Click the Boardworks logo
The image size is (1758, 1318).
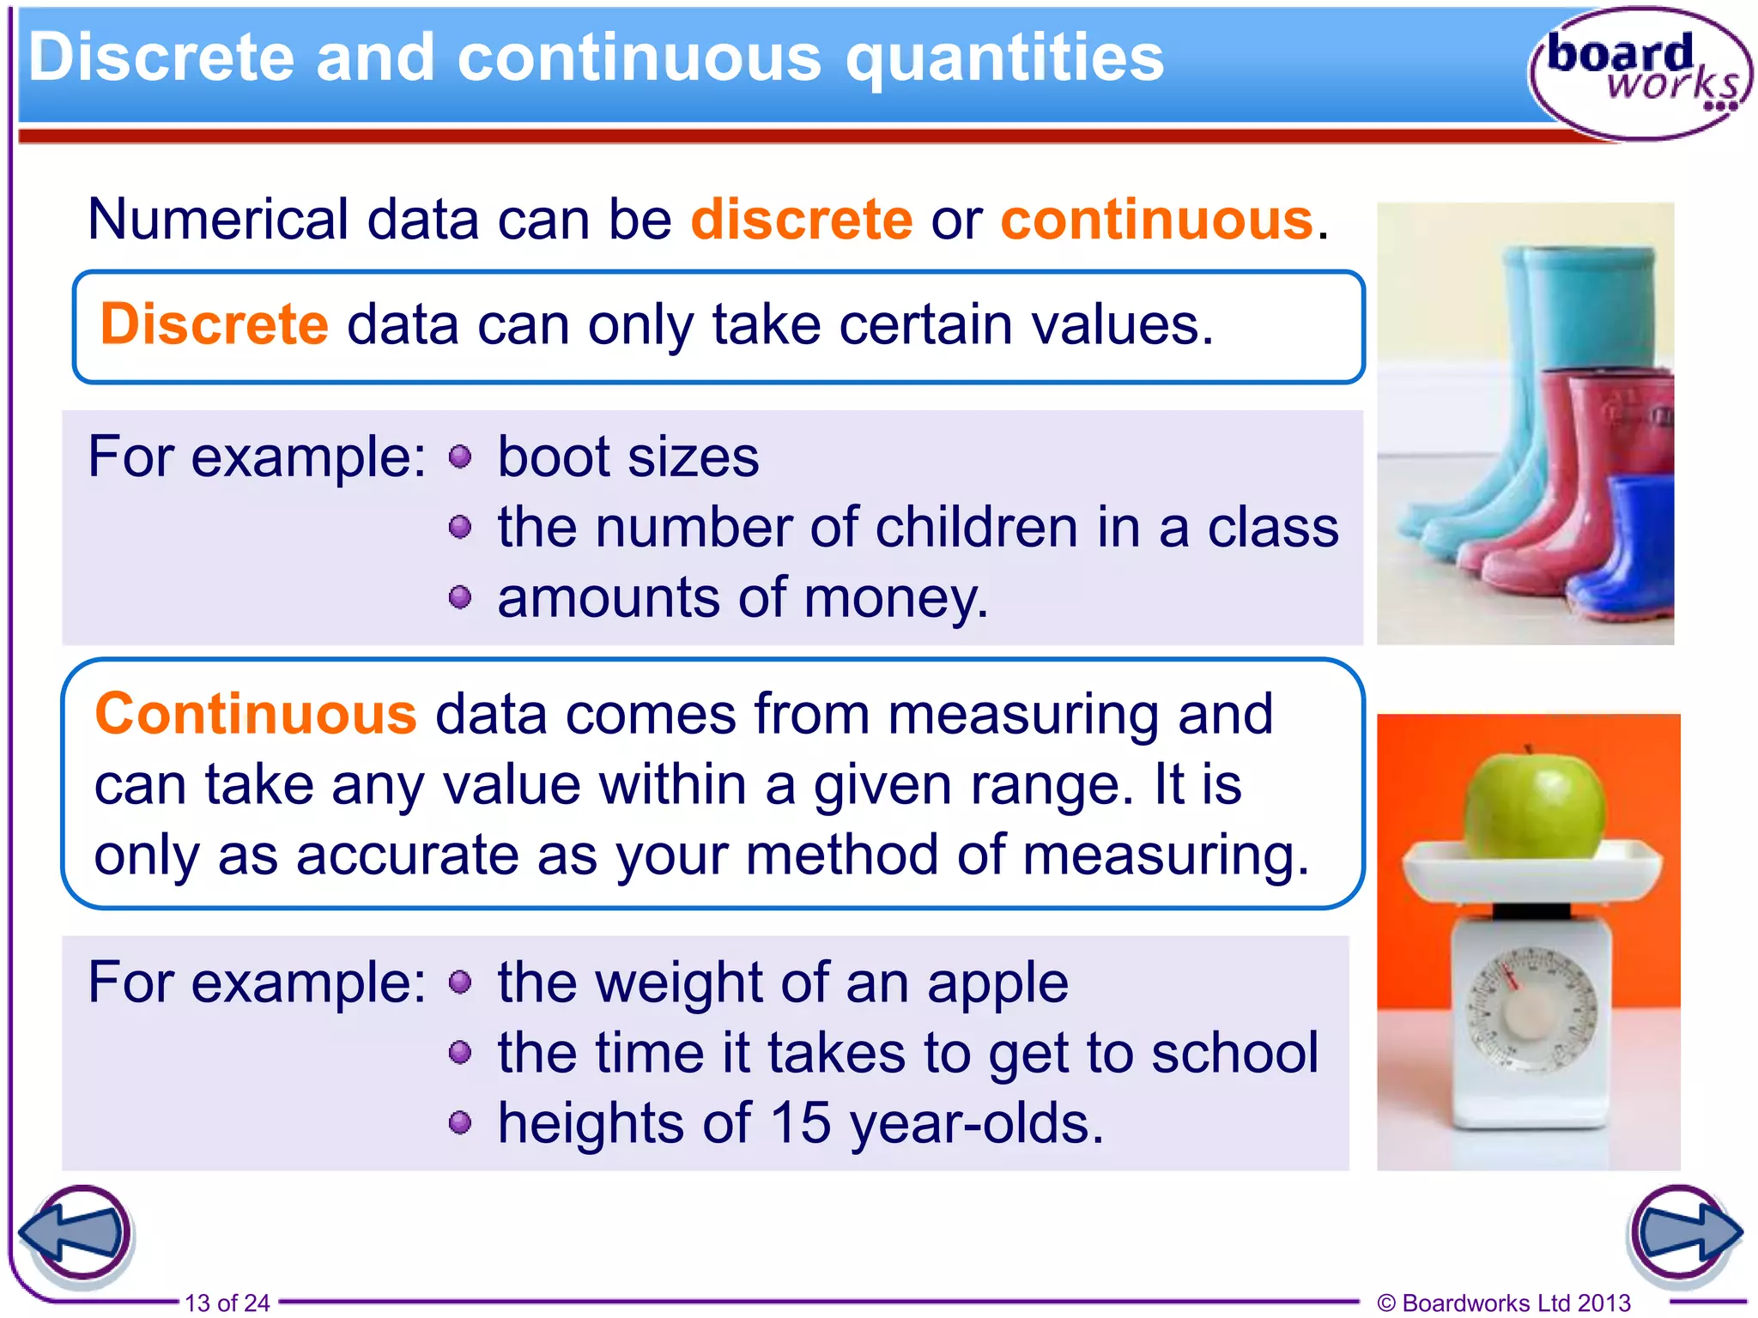[x=1640, y=73]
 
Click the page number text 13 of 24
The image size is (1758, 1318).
[x=227, y=1303]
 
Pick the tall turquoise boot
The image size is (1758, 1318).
[x=1579, y=343]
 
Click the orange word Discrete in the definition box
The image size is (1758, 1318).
[x=215, y=325]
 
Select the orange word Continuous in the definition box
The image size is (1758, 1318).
[x=256, y=714]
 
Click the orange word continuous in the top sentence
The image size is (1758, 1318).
[x=1156, y=220]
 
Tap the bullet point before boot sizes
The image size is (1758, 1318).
[x=460, y=456]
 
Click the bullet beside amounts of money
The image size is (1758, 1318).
[x=460, y=597]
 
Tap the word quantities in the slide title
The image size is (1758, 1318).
[x=1004, y=58]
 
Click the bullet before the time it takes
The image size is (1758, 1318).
[x=460, y=1052]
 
